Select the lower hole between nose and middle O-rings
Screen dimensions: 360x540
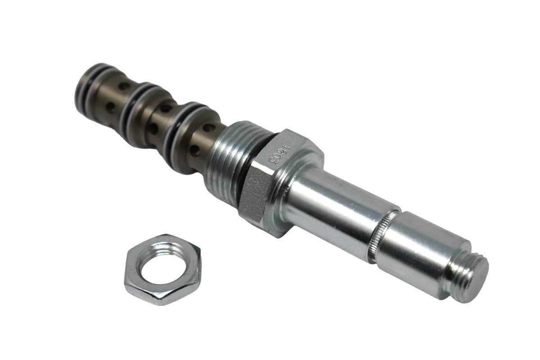[110, 107]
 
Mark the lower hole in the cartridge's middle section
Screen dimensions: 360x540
[153, 128]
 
